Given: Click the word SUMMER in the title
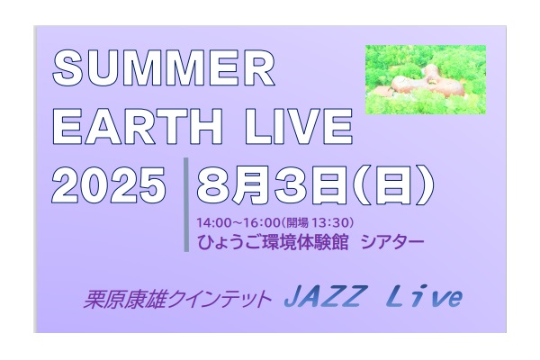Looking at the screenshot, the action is (x=164, y=67).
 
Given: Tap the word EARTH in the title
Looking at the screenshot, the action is (x=137, y=126).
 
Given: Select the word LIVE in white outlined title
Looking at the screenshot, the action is (x=298, y=126).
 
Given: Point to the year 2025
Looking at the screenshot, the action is (x=109, y=185).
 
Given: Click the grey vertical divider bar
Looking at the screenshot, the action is (x=186, y=204).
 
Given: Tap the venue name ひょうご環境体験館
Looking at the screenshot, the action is (x=273, y=242).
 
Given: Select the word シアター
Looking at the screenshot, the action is (x=392, y=242).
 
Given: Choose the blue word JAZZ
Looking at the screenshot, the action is (x=323, y=296).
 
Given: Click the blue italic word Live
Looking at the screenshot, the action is (x=423, y=296).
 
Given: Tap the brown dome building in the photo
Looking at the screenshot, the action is (x=412, y=82).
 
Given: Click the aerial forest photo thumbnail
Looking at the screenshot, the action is (x=426, y=79).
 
